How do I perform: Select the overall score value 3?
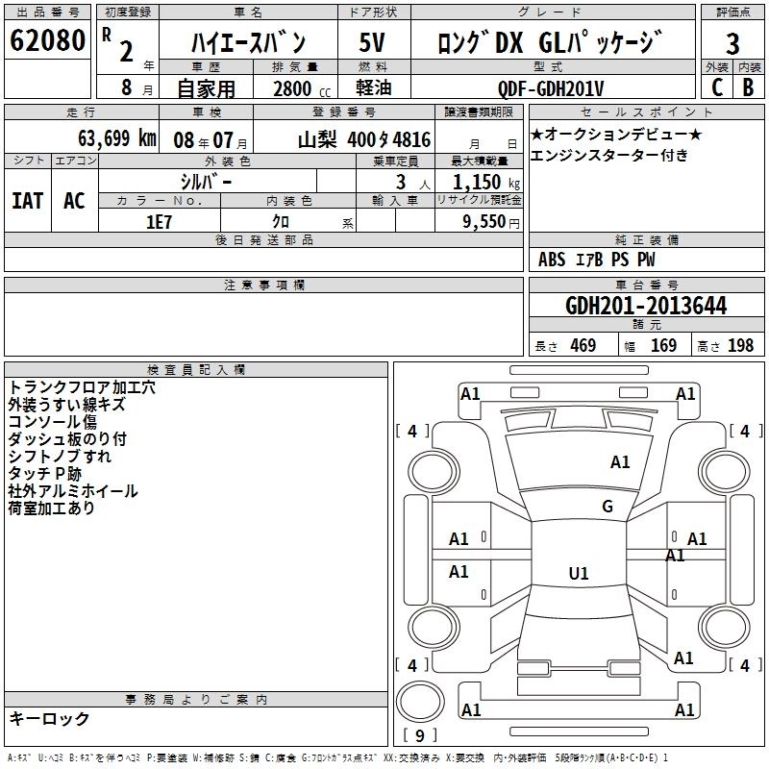(x=732, y=43)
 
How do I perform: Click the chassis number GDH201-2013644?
(x=646, y=307)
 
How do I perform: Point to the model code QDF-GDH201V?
(x=551, y=88)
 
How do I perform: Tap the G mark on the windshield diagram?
(x=607, y=507)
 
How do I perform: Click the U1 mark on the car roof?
(x=578, y=574)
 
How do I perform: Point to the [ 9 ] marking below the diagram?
(x=420, y=736)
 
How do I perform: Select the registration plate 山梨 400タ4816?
(x=363, y=137)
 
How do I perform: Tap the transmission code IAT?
(x=28, y=201)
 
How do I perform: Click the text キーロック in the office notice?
(x=49, y=719)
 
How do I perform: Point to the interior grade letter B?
(x=748, y=87)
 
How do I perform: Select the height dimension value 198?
(x=740, y=346)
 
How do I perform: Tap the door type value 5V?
(x=372, y=43)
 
